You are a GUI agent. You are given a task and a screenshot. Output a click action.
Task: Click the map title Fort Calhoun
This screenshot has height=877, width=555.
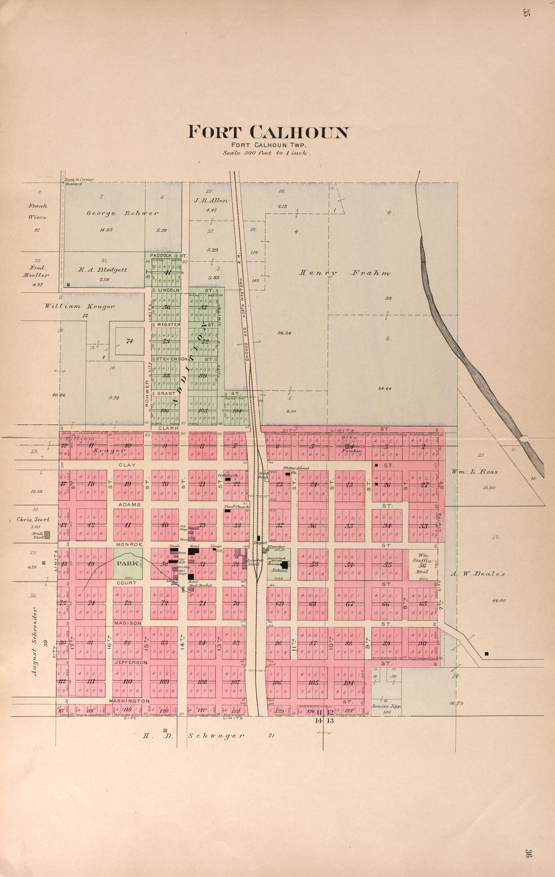pyautogui.click(x=268, y=132)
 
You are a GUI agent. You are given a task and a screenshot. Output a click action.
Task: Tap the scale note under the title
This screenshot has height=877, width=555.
pyautogui.click(x=267, y=152)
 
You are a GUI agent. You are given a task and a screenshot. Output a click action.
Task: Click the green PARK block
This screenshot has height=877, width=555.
pyautogui.click(x=127, y=563)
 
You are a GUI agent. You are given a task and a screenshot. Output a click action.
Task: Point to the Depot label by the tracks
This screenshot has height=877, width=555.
pyautogui.click(x=260, y=543)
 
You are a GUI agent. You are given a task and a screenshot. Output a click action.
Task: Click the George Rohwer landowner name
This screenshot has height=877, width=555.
pyautogui.click(x=122, y=213)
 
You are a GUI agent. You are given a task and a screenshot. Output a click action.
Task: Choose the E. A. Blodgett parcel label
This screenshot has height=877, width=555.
pyautogui.click(x=102, y=269)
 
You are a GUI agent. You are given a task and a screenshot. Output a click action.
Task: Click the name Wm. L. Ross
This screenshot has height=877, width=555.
pyautogui.click(x=474, y=472)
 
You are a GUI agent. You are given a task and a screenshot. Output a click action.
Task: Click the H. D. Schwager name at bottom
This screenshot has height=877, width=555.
pyautogui.click(x=194, y=736)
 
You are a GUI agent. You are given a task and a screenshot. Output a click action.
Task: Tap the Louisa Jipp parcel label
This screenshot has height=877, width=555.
pyautogui.click(x=386, y=706)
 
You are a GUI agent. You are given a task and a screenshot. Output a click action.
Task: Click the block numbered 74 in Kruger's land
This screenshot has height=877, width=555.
pyautogui.click(x=129, y=341)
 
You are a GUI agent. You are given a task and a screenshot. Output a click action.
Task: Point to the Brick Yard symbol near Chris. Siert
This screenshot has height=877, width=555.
pyautogui.click(x=47, y=535)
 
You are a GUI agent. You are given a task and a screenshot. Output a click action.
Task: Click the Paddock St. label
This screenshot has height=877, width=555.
pyautogui.click(x=169, y=256)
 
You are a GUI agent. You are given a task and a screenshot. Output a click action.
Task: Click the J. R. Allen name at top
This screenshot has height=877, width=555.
pyautogui.click(x=211, y=200)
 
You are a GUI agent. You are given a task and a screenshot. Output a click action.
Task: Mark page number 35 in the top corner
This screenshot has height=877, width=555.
pyautogui.click(x=526, y=14)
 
